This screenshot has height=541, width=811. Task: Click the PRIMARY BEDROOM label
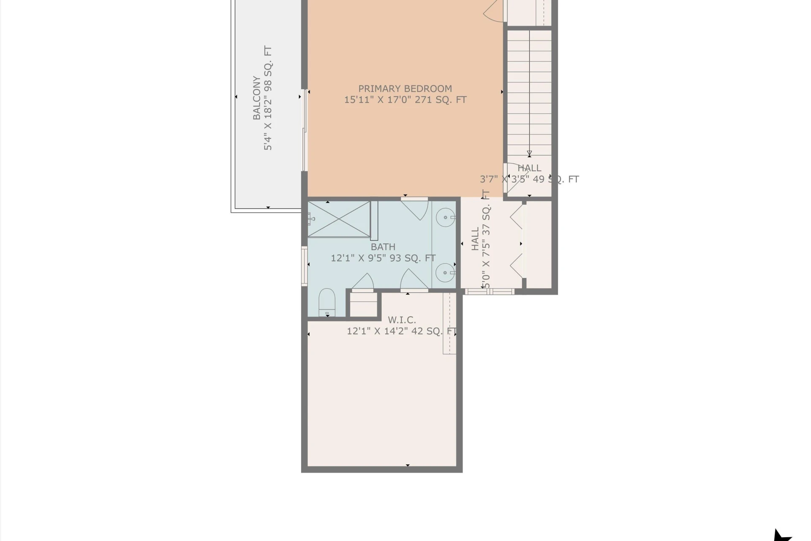point(405,89)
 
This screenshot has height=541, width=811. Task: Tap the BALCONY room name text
point(256,98)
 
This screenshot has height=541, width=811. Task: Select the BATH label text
point(383,247)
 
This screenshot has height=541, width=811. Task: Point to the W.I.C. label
point(402,320)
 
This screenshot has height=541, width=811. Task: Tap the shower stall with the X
point(339,219)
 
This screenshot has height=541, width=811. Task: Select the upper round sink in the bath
point(446,218)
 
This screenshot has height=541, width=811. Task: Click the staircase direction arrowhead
point(529,154)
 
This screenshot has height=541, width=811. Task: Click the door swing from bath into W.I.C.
point(414,279)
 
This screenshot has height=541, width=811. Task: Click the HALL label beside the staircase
point(529,168)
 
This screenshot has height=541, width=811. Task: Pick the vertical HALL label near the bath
point(475,239)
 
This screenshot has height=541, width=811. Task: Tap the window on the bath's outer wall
point(304,266)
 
